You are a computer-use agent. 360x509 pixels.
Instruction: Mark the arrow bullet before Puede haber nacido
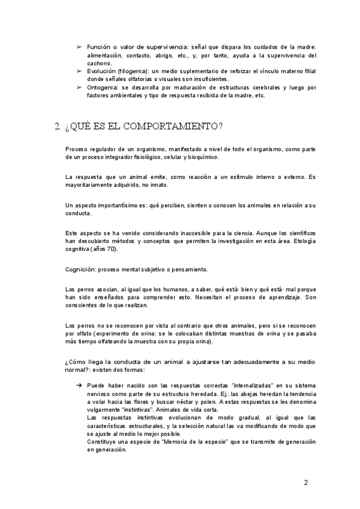(79, 385)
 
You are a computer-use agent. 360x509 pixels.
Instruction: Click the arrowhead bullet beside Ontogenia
(79, 87)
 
